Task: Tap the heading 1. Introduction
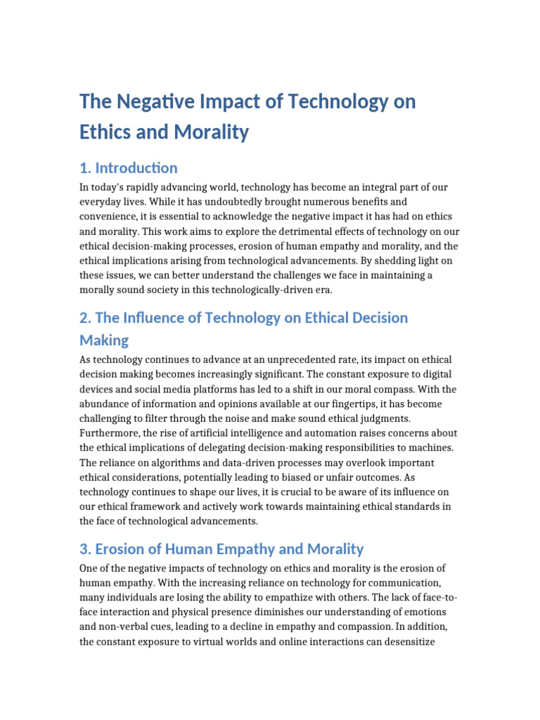click(x=129, y=168)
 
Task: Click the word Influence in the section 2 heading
click(x=167, y=318)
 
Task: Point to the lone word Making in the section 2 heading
click(x=104, y=340)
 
